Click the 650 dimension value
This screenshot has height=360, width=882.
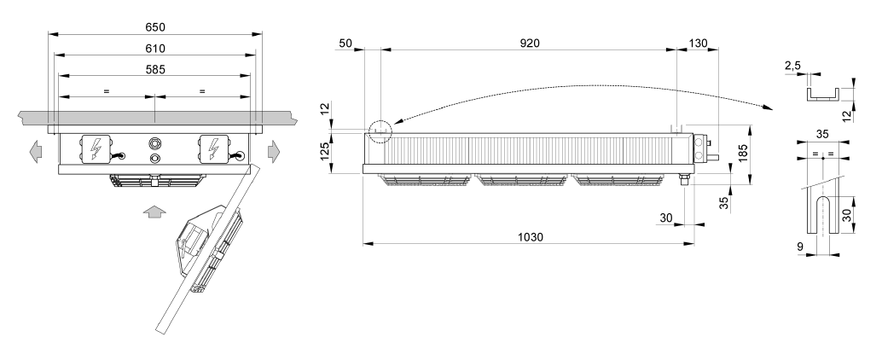[154, 27]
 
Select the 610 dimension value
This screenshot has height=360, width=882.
[154, 49]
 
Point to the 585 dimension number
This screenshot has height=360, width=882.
[154, 69]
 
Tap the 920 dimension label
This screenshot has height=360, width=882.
[529, 44]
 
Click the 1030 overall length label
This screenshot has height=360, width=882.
[530, 237]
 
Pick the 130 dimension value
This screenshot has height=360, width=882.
[698, 44]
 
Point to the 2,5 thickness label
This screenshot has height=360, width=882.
[792, 66]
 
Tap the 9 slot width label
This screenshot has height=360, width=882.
[801, 246]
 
